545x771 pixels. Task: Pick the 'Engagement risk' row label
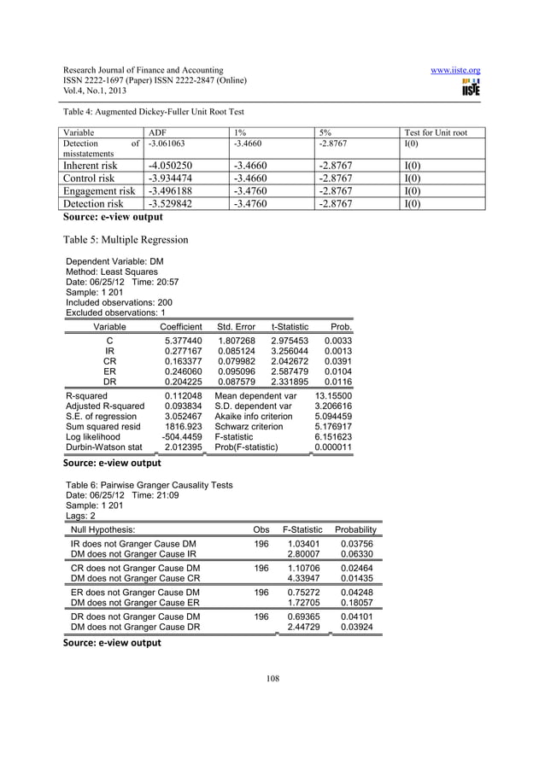(x=96, y=191)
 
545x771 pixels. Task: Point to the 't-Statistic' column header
(x=291, y=326)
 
